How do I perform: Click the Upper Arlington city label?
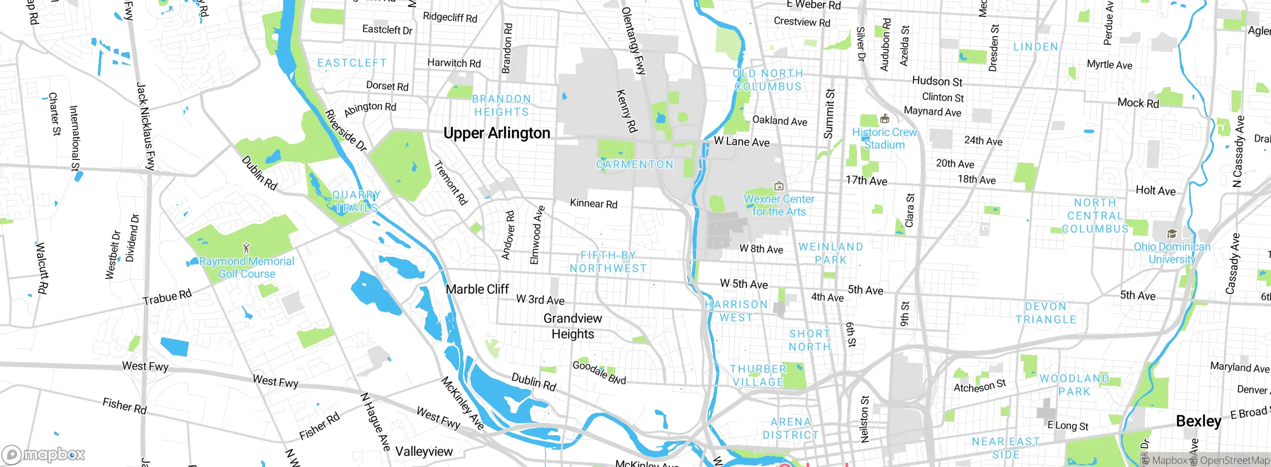click(x=496, y=133)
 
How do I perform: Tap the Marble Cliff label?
click(x=477, y=289)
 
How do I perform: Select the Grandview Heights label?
click(x=572, y=326)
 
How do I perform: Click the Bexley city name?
click(x=1198, y=421)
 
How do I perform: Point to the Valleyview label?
click(x=424, y=452)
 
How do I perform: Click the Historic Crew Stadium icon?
click(x=884, y=119)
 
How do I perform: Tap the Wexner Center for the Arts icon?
click(x=779, y=186)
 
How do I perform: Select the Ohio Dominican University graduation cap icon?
click(x=1172, y=234)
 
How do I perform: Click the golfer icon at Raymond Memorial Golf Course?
click(x=246, y=248)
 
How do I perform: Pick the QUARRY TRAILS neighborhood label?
click(x=356, y=201)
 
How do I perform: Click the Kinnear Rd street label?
click(x=593, y=203)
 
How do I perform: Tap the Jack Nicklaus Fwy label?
click(x=145, y=126)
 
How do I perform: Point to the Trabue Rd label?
click(x=167, y=297)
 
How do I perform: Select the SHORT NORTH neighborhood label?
click(x=810, y=340)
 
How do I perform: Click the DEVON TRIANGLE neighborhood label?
click(x=1046, y=313)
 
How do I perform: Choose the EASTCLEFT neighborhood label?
click(x=352, y=63)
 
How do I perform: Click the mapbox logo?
click(x=44, y=454)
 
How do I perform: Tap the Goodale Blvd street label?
click(x=599, y=373)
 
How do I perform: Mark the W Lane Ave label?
click(x=741, y=142)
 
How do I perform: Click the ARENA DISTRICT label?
click(x=790, y=428)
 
